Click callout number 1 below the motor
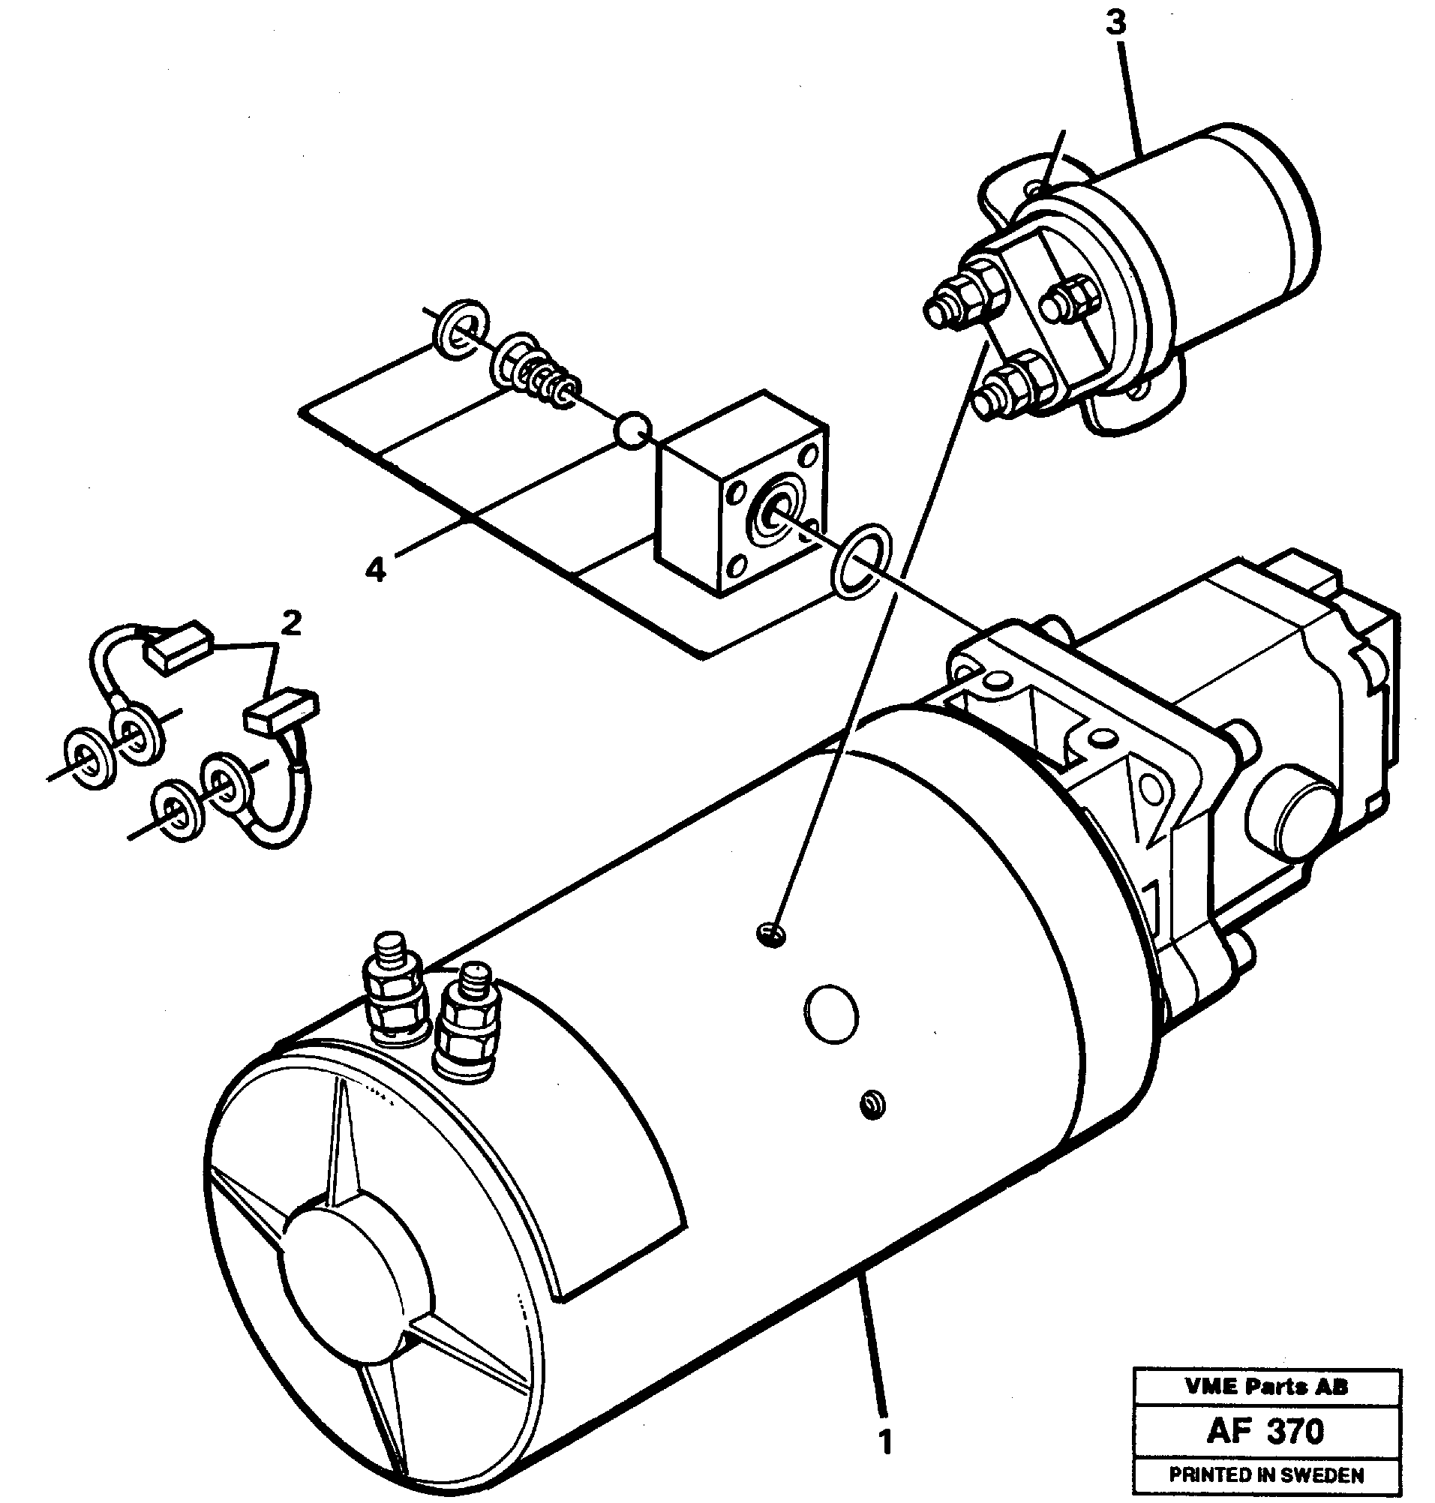tap(885, 1442)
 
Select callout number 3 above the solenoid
tap(1116, 24)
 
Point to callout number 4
tap(375, 569)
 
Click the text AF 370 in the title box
tap(1266, 1430)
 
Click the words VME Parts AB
tap(1266, 1387)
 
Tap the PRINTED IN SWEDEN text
tap(1266, 1474)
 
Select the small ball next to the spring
tap(634, 431)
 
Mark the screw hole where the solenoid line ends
tap(773, 933)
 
